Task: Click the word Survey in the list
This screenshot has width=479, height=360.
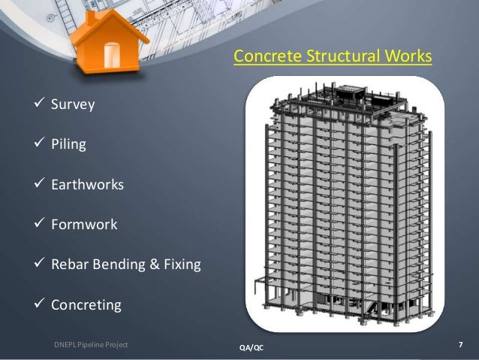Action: click(x=73, y=104)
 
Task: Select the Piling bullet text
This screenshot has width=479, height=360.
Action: click(x=68, y=144)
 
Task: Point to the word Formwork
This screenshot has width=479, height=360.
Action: click(x=84, y=224)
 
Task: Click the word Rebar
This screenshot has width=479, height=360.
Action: click(x=69, y=265)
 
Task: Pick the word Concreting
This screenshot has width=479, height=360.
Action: click(x=86, y=305)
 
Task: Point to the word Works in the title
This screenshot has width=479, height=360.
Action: click(x=411, y=56)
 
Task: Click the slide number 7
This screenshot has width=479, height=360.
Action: click(x=459, y=345)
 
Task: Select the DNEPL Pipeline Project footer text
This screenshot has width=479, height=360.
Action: click(x=91, y=345)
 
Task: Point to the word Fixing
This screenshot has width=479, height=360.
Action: click(x=181, y=265)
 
